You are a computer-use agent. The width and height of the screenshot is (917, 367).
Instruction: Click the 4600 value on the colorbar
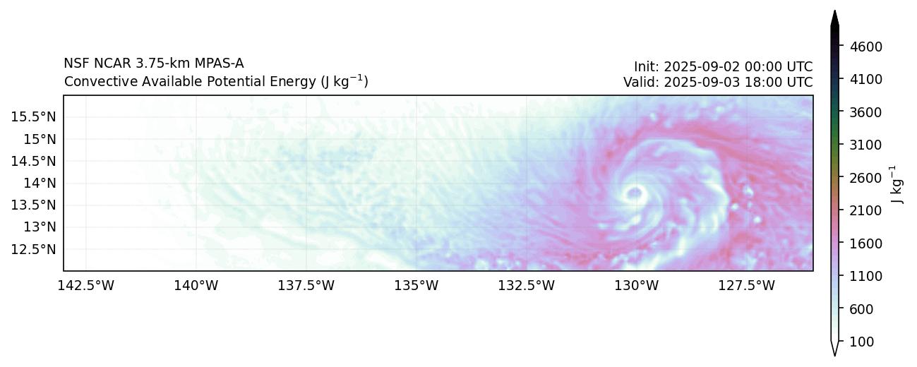pyautogui.click(x=865, y=47)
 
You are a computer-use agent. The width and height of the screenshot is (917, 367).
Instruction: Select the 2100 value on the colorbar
pyautogui.click(x=865, y=210)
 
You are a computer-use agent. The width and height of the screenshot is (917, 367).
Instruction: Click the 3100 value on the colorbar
pyautogui.click(x=865, y=145)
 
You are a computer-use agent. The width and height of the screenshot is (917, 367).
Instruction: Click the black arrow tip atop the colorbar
pyautogui.click(x=834, y=17)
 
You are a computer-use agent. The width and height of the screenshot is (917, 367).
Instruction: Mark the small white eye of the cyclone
pyautogui.click(x=634, y=192)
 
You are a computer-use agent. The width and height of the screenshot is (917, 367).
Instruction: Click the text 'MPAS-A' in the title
pyautogui.click(x=216, y=64)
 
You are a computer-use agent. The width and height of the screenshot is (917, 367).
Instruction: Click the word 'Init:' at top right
pyautogui.click(x=646, y=66)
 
